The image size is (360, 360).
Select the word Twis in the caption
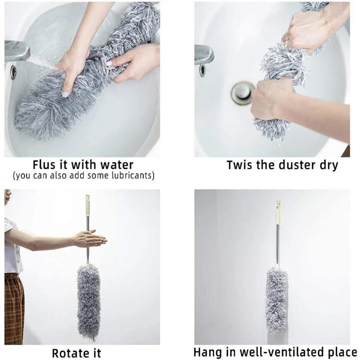(x=239, y=165)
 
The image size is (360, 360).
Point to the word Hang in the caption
(x=207, y=352)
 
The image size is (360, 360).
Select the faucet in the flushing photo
(x=17, y=50)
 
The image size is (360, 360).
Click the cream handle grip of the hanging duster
(x=278, y=213)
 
